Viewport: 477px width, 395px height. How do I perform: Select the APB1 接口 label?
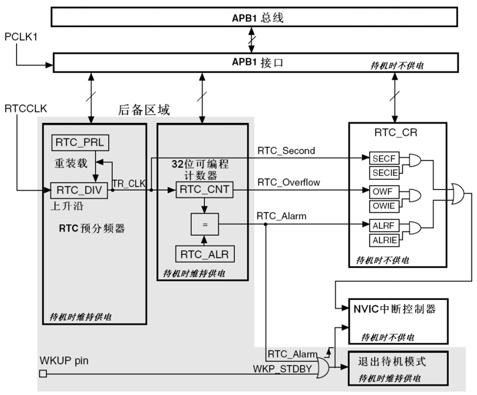[x=257, y=62]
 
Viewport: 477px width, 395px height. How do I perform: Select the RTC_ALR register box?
[x=204, y=254]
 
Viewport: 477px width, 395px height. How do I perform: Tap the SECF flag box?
[x=383, y=158]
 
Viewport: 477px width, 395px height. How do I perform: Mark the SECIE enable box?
[x=383, y=173]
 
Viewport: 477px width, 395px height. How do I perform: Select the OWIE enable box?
[x=383, y=206]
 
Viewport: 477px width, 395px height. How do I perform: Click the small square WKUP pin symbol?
[x=43, y=374]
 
